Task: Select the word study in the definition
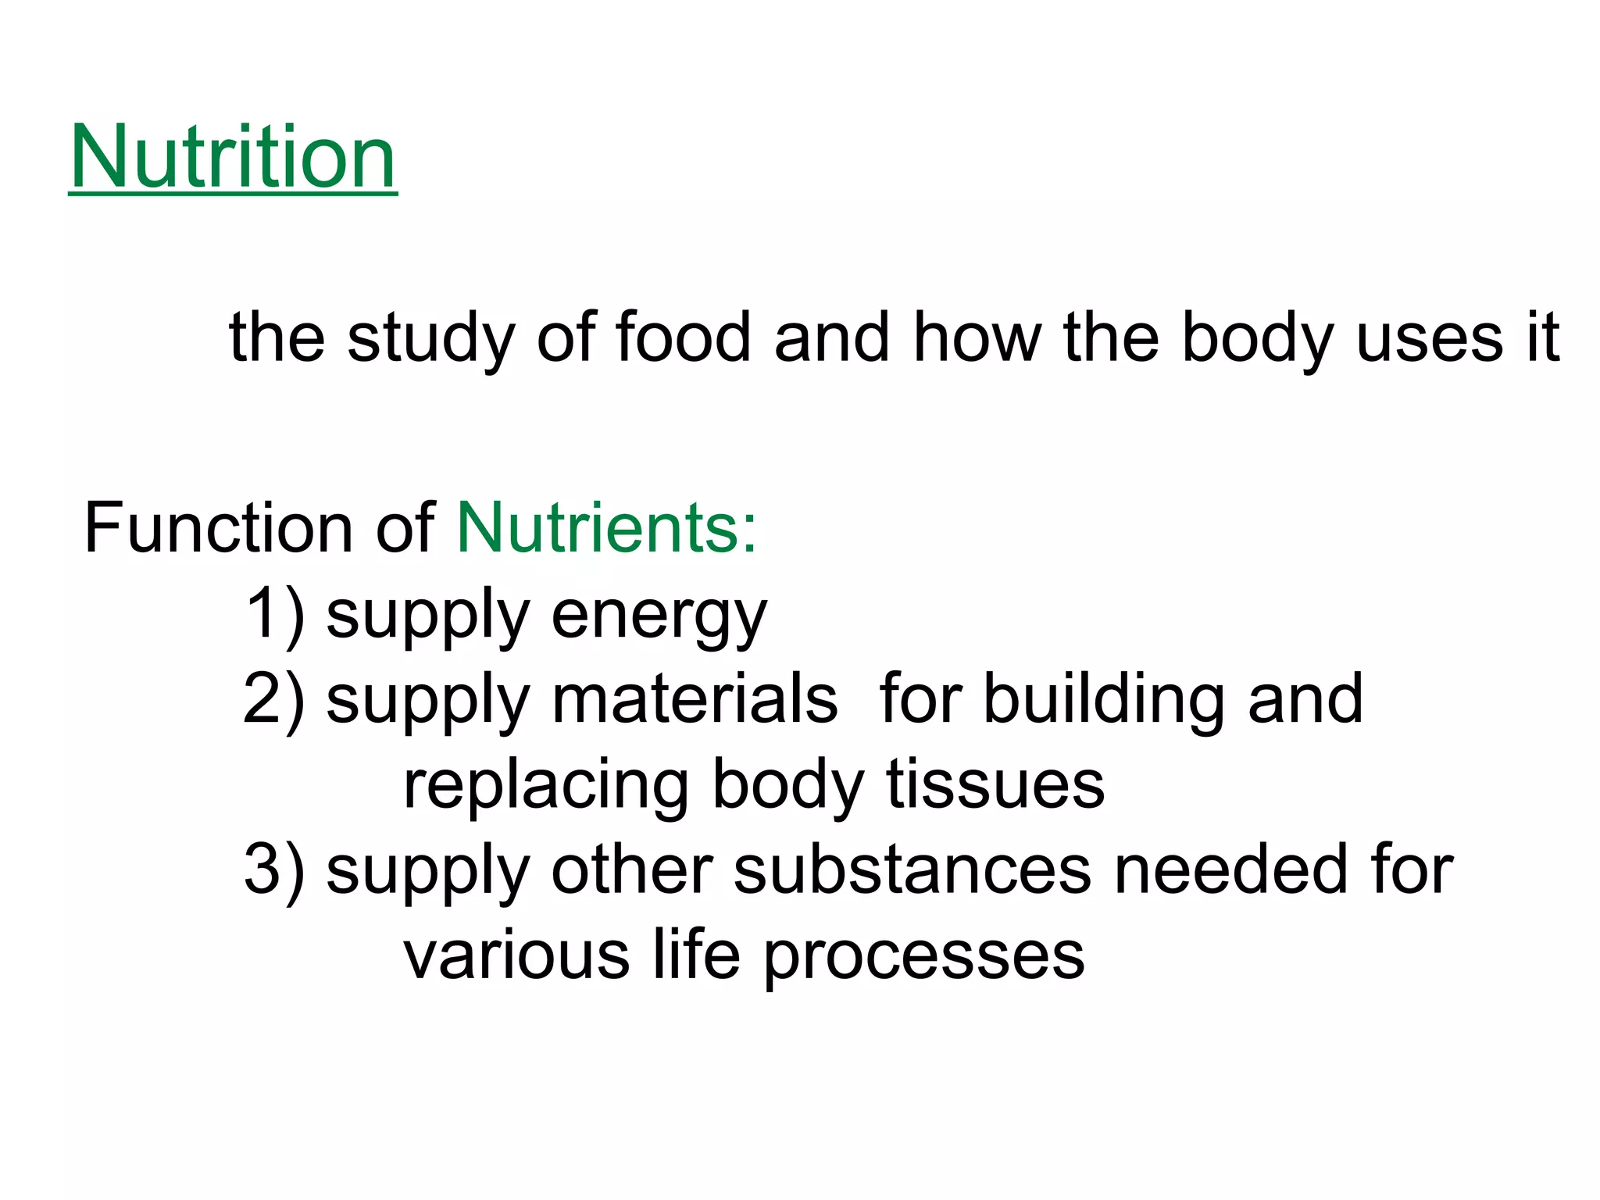tap(430, 338)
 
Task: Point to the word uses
tap(1429, 338)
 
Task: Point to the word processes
tap(923, 956)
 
